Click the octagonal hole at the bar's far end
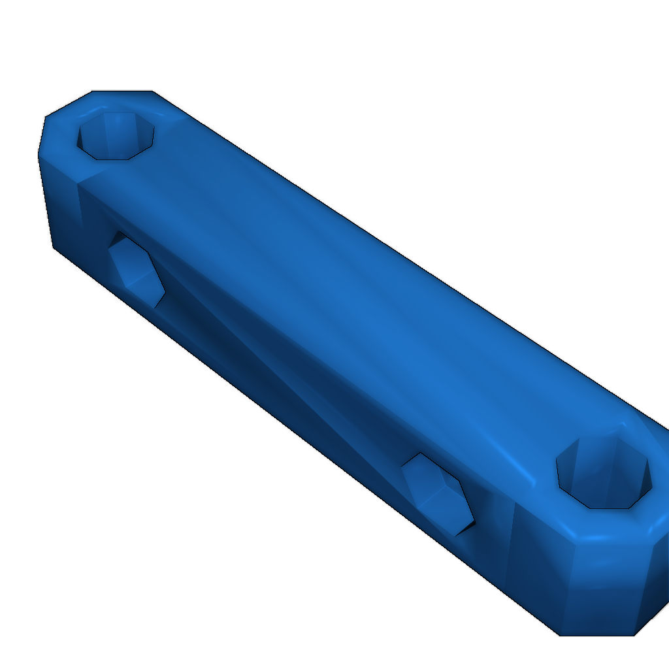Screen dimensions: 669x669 click(116, 136)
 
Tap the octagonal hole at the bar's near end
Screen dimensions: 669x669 click(604, 472)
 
